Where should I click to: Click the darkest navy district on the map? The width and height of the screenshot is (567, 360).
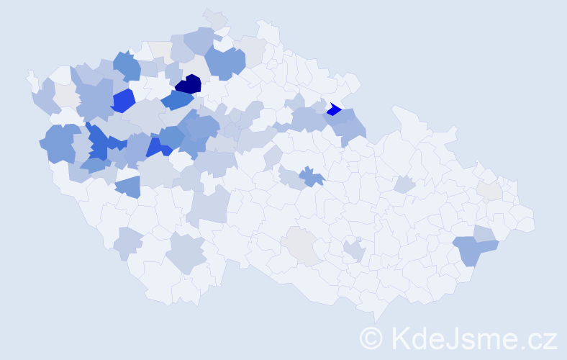tap(189, 84)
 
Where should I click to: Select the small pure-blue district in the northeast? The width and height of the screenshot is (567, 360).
tap(333, 109)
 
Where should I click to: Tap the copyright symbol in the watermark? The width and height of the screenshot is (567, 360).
tap(372, 337)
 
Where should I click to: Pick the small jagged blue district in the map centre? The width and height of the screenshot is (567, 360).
tap(311, 176)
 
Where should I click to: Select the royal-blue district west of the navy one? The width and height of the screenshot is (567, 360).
tap(123, 100)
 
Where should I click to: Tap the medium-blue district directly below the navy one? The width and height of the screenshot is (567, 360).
tap(176, 100)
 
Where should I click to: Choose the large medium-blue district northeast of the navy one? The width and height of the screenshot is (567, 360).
tap(224, 62)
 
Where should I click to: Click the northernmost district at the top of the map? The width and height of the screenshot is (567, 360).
tap(214, 17)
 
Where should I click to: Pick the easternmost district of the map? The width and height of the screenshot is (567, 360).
tap(525, 220)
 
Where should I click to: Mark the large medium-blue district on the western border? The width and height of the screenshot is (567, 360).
tap(59, 143)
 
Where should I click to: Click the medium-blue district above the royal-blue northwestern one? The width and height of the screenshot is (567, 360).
tap(127, 67)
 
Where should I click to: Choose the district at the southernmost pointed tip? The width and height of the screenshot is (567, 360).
tap(375, 314)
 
